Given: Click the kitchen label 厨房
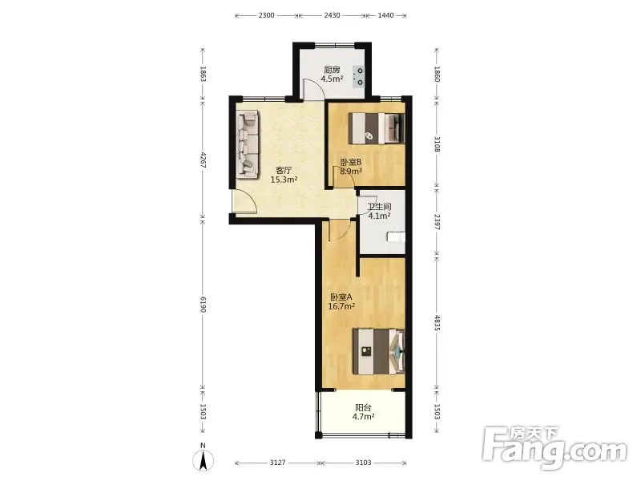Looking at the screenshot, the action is coord(332,70).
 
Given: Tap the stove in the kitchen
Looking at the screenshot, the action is coord(358,76).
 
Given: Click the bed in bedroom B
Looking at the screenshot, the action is coord(377,128).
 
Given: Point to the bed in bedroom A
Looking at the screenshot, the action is coord(378,351).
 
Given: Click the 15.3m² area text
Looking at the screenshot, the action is coord(284,180).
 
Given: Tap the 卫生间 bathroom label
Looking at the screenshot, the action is coord(379,207).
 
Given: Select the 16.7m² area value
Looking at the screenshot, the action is coord(341,306).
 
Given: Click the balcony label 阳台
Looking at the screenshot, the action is coord(364,407).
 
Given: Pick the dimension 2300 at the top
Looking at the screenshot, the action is coord(266,15).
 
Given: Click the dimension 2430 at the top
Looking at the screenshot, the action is coord(332,15).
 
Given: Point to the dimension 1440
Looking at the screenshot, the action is coord(385,15).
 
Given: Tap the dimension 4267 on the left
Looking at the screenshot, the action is coord(204,160).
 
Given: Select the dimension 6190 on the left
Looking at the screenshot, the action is coord(204,305).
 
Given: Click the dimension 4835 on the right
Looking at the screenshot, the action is coord(437,323).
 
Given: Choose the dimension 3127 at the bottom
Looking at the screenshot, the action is coord(277,463).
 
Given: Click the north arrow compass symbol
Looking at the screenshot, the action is coord(204,458).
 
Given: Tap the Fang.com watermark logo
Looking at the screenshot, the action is coord(554,448).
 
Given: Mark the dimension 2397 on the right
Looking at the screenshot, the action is coord(437,222).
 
